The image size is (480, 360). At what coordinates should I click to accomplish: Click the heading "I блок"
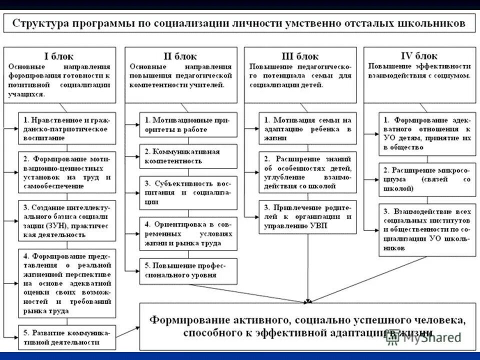point(59,55)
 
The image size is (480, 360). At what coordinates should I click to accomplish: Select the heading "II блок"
point(180,56)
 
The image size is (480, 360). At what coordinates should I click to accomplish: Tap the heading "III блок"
point(300,56)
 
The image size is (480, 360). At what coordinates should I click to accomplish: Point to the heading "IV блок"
point(419,55)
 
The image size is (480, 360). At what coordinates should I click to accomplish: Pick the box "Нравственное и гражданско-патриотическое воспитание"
point(67,124)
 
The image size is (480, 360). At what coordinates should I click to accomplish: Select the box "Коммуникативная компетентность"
point(188,156)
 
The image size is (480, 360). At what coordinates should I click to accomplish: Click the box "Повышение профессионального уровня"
point(188,270)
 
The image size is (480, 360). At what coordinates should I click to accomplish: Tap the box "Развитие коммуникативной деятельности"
point(67,337)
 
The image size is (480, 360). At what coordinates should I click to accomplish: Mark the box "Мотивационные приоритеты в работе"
point(188,124)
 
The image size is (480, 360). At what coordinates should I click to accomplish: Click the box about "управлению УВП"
point(307,217)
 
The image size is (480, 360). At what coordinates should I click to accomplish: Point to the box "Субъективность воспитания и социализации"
point(188,192)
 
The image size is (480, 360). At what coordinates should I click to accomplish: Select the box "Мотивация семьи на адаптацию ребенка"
point(307,128)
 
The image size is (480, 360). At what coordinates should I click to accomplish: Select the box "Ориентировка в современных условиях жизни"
point(188,233)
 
